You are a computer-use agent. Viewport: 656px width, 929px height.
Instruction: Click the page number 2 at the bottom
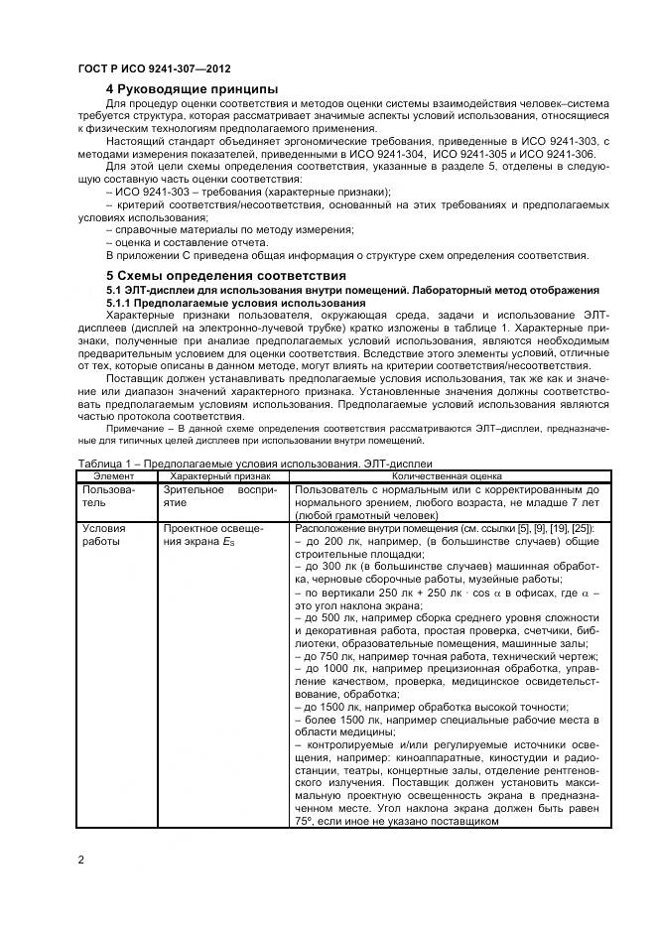click(80, 859)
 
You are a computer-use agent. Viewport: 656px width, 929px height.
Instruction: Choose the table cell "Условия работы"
click(103, 536)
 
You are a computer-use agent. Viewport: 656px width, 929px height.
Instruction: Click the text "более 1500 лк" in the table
click(337, 717)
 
